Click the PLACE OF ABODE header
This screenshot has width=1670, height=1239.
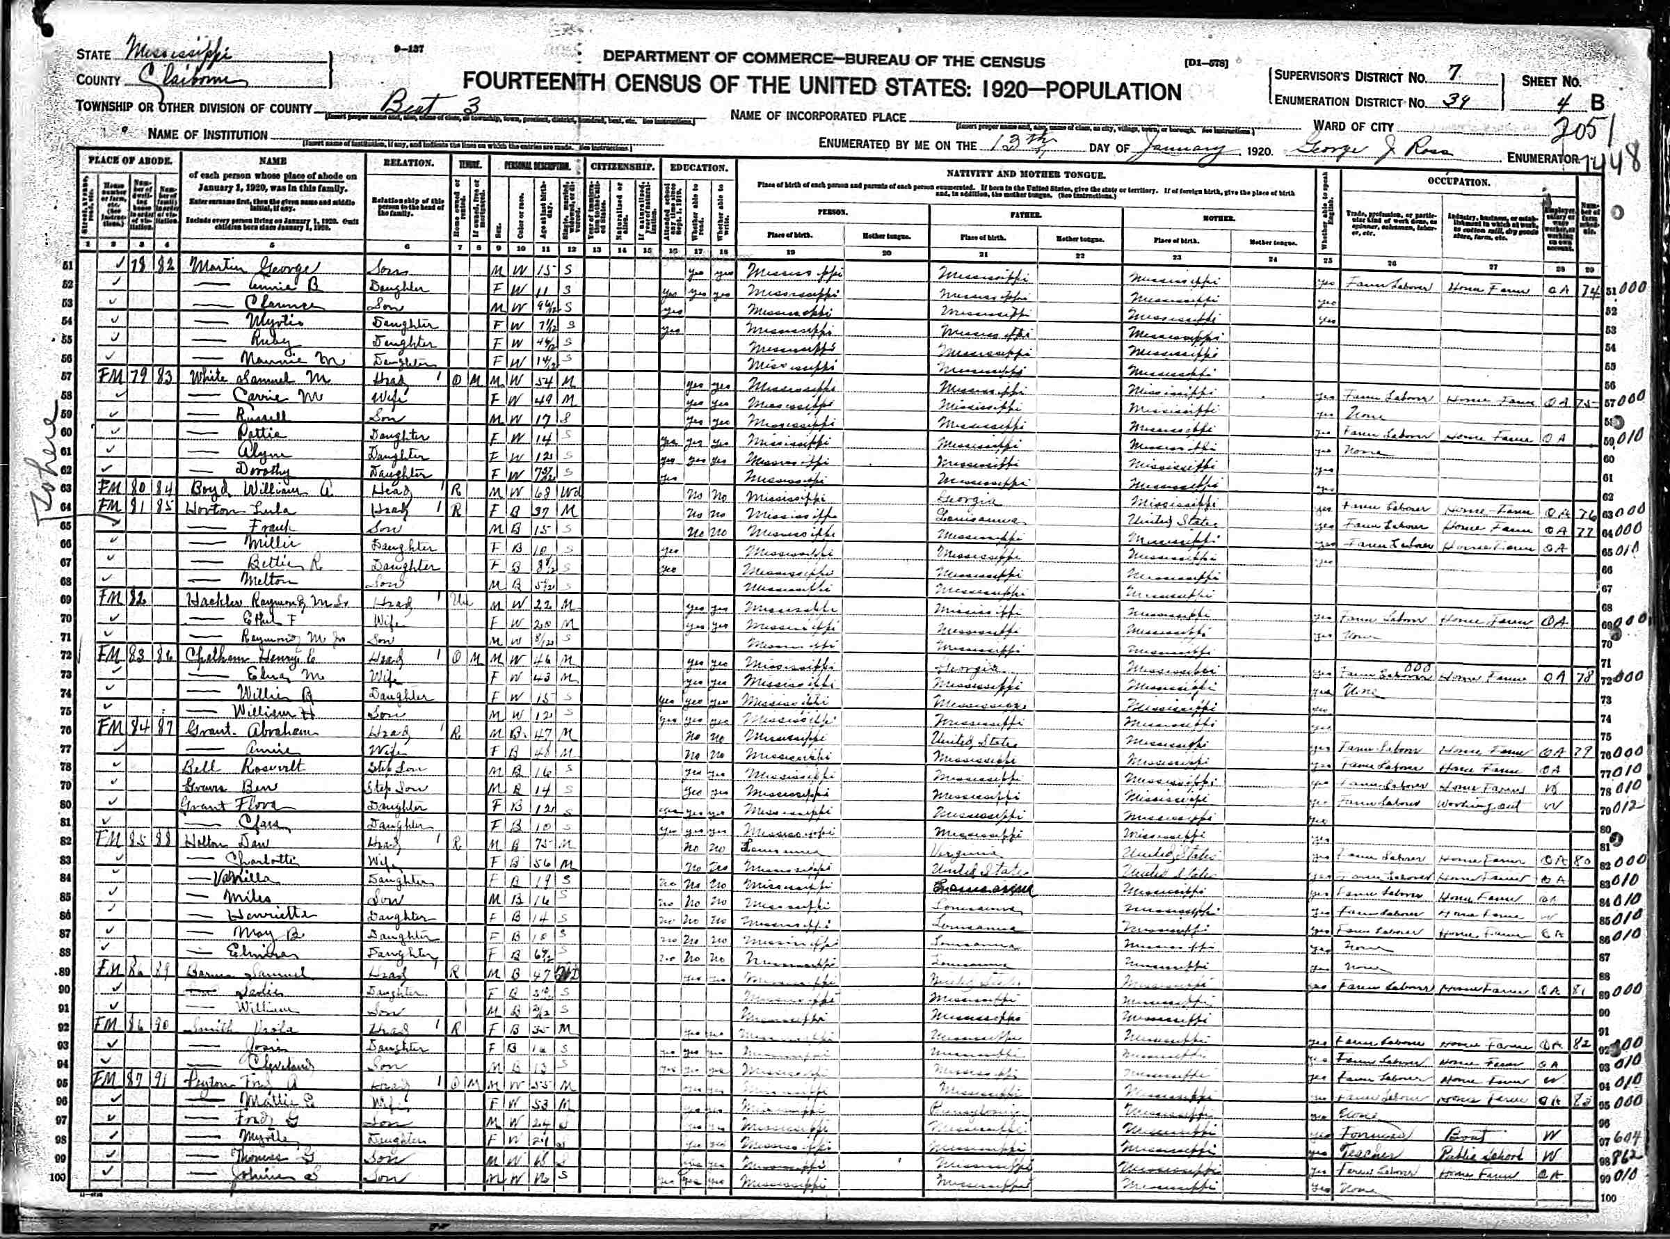tap(131, 161)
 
